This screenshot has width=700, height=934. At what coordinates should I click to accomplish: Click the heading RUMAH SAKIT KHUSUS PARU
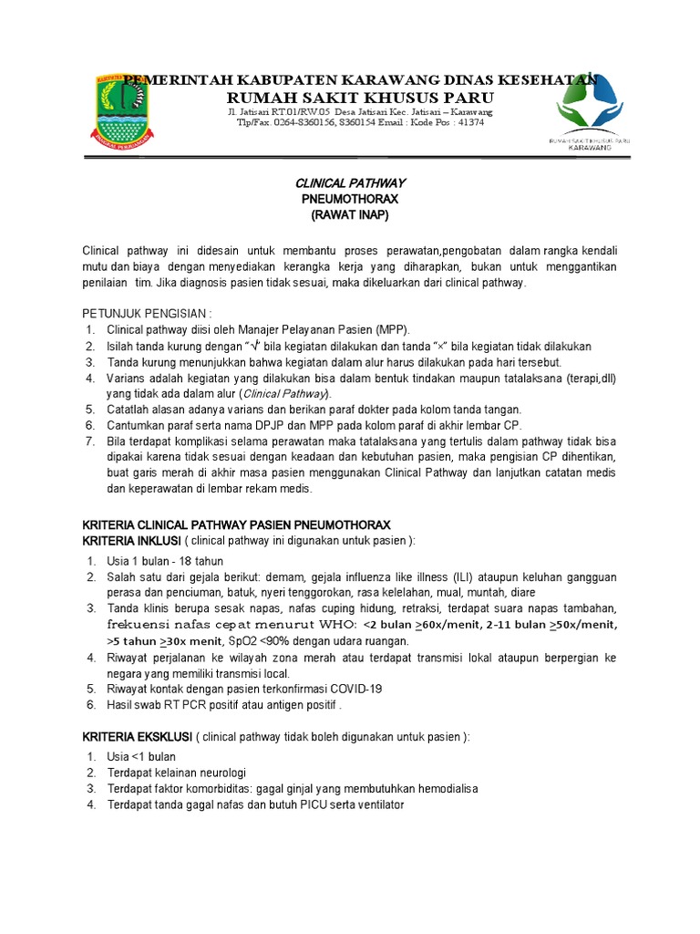(x=360, y=98)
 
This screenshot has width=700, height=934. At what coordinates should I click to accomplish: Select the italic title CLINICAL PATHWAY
(x=350, y=182)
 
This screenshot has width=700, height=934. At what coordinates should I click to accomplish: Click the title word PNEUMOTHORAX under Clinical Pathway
(x=350, y=198)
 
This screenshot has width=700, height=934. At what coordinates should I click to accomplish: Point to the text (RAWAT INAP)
(x=350, y=214)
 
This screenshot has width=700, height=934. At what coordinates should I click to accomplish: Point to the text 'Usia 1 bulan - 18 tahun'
(x=165, y=561)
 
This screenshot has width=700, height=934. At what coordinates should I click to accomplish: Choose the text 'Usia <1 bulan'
(x=141, y=756)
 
